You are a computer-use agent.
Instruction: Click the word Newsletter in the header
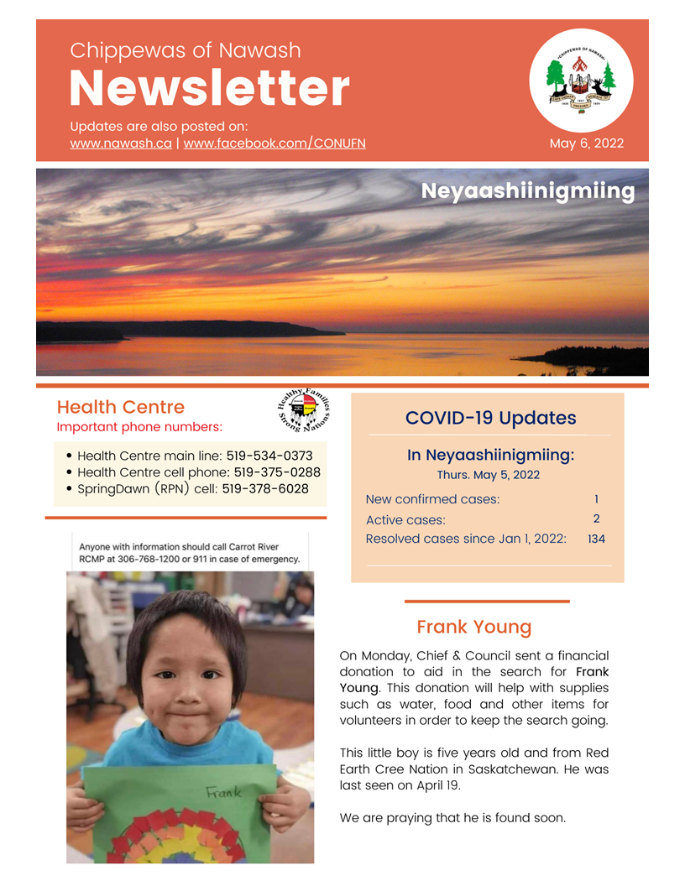[209, 87]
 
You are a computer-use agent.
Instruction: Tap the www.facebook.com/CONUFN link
[275, 143]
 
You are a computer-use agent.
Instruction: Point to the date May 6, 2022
[587, 143]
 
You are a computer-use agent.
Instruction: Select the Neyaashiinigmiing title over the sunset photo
[527, 191]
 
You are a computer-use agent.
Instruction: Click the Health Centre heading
[120, 407]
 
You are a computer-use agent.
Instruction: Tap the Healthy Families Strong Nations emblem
[302, 412]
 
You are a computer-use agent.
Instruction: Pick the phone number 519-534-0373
[269, 456]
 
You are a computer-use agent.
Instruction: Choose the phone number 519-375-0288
[276, 472]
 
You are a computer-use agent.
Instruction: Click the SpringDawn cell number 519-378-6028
[264, 489]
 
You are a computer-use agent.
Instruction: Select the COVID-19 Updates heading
[490, 418]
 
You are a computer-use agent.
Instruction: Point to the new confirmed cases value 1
[595, 499]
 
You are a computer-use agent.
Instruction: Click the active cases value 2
[595, 519]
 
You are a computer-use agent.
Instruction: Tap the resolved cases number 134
[596, 539]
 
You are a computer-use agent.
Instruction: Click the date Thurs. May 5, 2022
[489, 475]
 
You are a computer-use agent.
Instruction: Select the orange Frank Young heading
[473, 627]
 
